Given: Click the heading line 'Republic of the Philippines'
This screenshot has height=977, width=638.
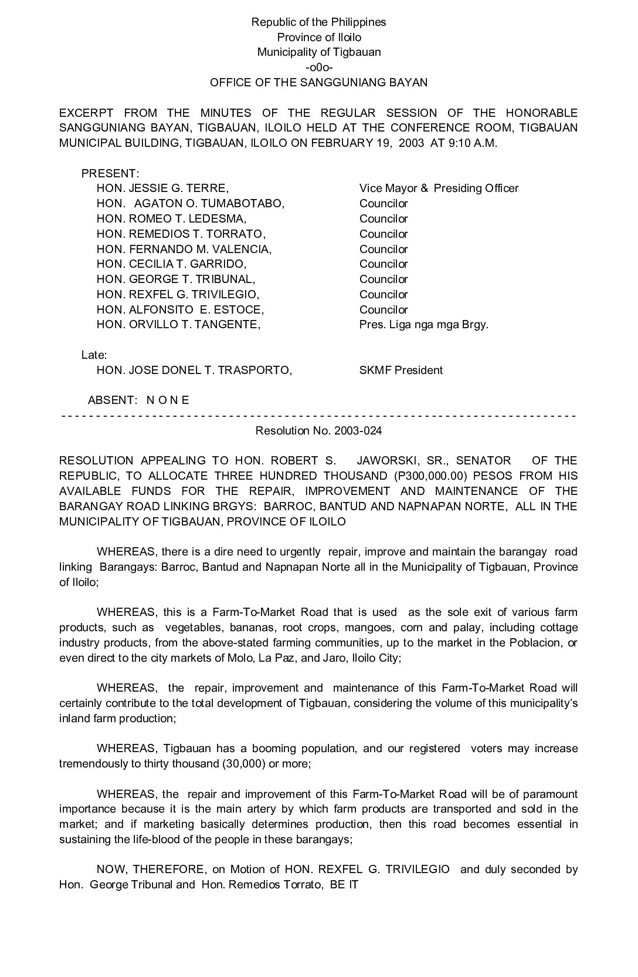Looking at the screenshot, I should tap(318, 22).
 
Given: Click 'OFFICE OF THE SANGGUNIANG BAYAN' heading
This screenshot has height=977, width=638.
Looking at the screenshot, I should tap(318, 83).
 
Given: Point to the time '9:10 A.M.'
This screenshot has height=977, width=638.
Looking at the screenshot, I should tap(473, 143).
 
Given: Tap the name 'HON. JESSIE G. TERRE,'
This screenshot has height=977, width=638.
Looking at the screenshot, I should tap(162, 188).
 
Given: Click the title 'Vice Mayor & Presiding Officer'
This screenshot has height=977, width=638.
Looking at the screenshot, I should tap(439, 188).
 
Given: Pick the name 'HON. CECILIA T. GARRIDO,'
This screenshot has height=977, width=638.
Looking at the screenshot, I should tap(171, 264).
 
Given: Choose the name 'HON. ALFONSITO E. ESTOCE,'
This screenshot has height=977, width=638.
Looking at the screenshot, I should tap(180, 310).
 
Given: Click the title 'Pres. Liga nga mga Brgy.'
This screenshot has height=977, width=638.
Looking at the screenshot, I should tap(423, 325).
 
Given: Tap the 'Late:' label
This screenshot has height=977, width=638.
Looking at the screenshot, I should tap(94, 355).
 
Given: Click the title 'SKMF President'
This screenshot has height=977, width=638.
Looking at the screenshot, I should tap(401, 370).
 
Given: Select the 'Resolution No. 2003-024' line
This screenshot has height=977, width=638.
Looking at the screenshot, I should tap(318, 431).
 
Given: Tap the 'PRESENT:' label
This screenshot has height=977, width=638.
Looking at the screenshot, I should tap(110, 174).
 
